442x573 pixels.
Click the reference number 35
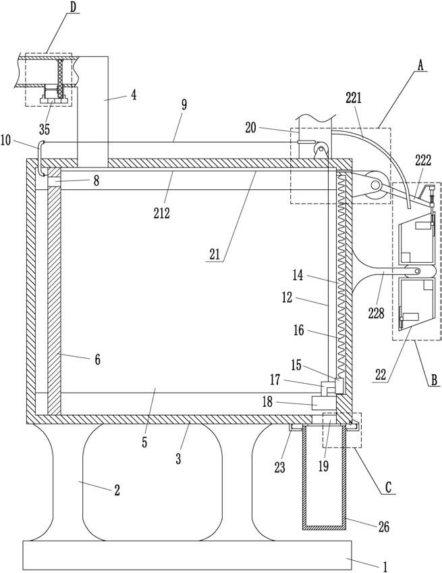tap(45, 129)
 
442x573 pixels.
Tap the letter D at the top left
tap(74, 7)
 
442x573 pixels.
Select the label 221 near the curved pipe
tap(354, 98)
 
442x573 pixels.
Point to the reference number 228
tap(377, 313)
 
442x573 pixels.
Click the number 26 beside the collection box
tap(384, 526)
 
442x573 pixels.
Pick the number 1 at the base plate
tap(385, 566)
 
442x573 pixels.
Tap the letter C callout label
tap(388, 487)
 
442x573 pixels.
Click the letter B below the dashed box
tap(434, 380)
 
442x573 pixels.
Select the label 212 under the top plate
tap(162, 213)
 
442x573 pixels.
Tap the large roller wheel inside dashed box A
tap(375, 186)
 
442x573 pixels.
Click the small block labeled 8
tap(54, 180)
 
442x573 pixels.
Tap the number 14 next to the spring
tap(298, 275)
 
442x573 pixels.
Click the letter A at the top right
tap(420, 66)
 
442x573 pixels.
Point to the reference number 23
tap(279, 468)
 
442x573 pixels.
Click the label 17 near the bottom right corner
tap(275, 380)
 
